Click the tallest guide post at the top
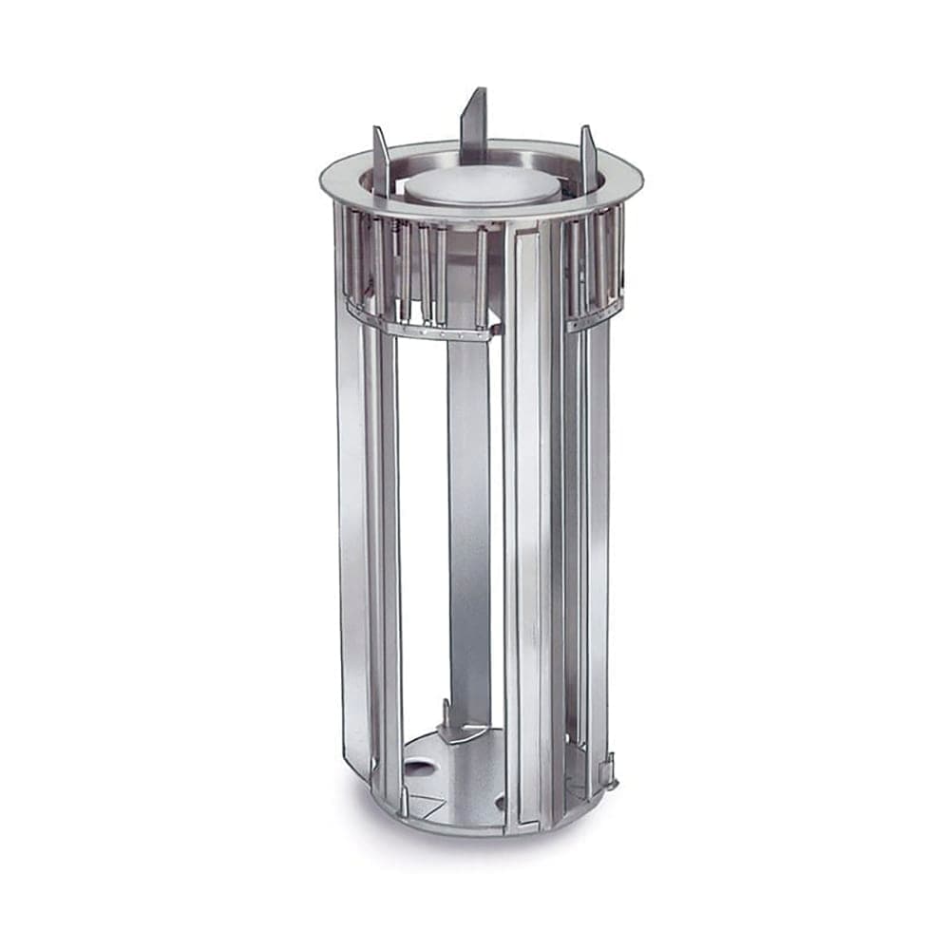click(475, 123)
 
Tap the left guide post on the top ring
click(380, 161)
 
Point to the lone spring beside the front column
click(482, 275)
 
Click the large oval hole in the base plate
click(416, 765)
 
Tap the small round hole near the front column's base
click(500, 804)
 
